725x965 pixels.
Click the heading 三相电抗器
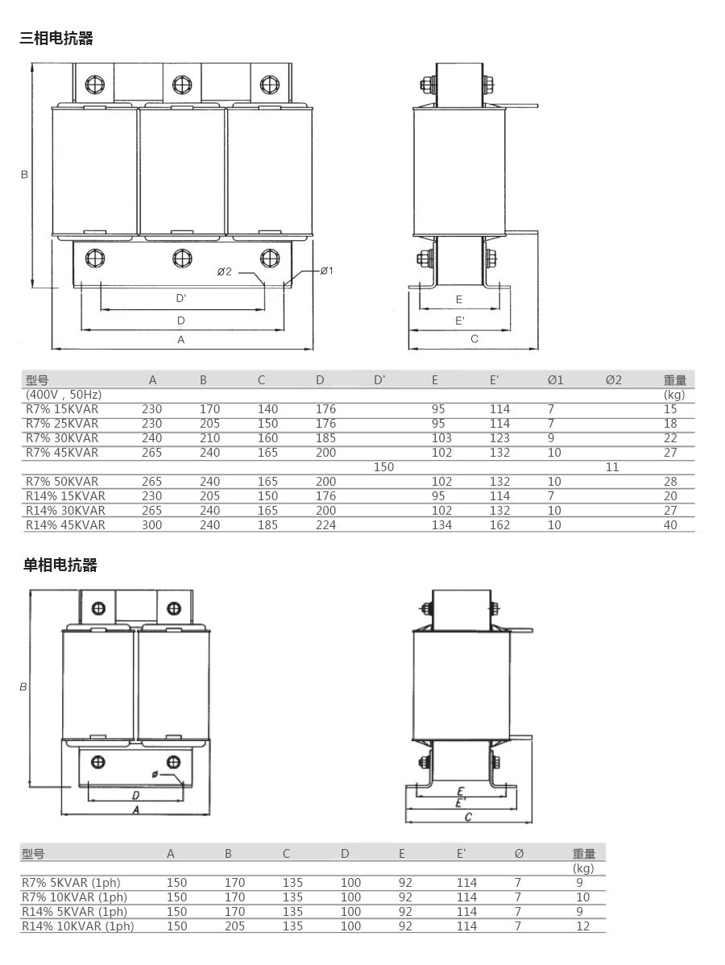[x=56, y=38]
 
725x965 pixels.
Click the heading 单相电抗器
[x=60, y=565]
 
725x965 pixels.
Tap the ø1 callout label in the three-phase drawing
[x=327, y=271]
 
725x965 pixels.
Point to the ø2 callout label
[x=225, y=271]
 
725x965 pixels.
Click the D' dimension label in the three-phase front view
[x=181, y=299]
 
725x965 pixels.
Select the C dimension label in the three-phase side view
[x=474, y=338]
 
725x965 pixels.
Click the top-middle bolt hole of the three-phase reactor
[x=181, y=84]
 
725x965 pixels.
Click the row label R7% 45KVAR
[x=62, y=453]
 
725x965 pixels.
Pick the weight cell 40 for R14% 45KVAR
[x=670, y=525]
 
